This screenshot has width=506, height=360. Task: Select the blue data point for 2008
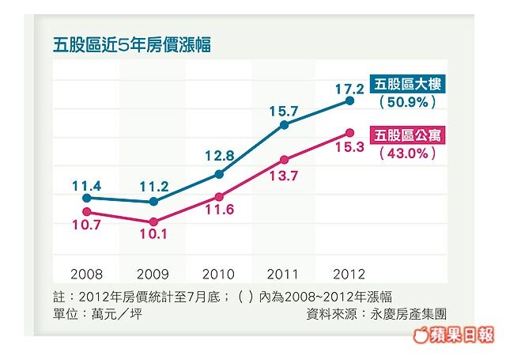click(85, 198)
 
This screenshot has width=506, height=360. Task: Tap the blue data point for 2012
click(349, 101)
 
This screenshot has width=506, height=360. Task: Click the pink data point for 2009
click(153, 222)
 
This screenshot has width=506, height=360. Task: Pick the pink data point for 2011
click(284, 159)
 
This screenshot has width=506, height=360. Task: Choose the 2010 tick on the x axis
click(218, 275)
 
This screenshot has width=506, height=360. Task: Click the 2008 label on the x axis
click(86, 275)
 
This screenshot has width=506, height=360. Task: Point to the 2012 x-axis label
click(349, 275)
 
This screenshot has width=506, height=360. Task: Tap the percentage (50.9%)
click(408, 103)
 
